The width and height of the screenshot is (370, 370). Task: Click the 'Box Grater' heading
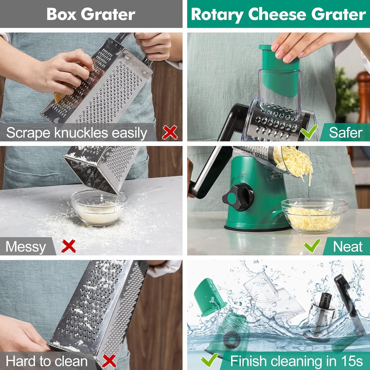pyautogui.click(x=91, y=14)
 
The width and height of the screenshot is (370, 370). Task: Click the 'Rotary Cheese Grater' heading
pyautogui.click(x=278, y=14)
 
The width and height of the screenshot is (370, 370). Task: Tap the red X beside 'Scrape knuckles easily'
pyautogui.click(x=170, y=132)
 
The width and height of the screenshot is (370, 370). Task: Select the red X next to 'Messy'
pyautogui.click(x=69, y=246)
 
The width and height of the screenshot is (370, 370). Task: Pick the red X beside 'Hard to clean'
pyautogui.click(x=109, y=361)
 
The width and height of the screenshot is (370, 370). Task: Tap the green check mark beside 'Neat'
pyautogui.click(x=312, y=246)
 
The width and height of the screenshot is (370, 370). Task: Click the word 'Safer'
pyautogui.click(x=345, y=133)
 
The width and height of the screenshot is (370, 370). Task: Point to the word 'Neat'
pyautogui.click(x=347, y=247)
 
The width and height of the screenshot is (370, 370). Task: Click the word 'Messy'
pyautogui.click(x=26, y=247)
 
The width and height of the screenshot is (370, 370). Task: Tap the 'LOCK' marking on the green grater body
pyautogui.click(x=242, y=174)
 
